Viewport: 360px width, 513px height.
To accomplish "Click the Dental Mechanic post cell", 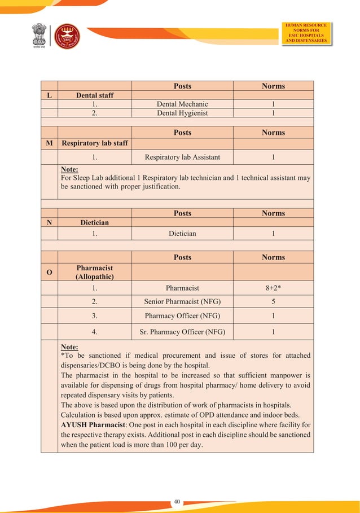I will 182,104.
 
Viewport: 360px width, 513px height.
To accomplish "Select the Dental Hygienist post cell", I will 182,113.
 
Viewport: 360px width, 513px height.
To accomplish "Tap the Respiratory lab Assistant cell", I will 182,157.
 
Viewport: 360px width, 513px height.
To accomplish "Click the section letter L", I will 49,95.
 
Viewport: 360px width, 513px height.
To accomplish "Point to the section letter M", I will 49,143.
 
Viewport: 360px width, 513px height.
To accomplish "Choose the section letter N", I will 49,222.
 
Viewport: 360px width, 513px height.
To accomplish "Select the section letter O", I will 49,272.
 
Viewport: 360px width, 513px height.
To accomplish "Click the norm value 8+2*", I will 273,288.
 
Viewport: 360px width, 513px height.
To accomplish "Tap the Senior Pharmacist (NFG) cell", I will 182,302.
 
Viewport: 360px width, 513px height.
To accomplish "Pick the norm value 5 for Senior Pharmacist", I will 273,302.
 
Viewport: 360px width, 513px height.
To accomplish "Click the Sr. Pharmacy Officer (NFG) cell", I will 182,332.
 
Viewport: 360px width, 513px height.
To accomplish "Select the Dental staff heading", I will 95,95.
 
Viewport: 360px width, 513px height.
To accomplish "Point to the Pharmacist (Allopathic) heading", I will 95,272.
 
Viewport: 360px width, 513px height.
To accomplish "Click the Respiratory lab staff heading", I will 95,143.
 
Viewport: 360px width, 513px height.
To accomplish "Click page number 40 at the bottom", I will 177,501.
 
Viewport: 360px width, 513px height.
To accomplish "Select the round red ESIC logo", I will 67,36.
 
